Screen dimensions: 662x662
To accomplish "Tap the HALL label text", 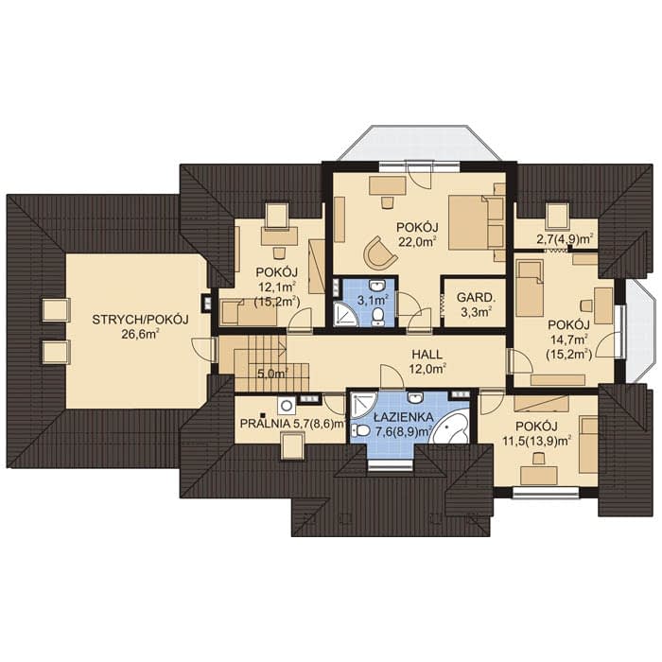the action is click(427, 354).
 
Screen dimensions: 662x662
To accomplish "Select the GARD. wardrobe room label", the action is click(476, 298).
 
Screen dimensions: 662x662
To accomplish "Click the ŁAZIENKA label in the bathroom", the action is click(403, 417).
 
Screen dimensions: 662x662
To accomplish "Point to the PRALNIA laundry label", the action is click(265, 423).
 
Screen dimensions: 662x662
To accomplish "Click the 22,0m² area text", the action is click(418, 242).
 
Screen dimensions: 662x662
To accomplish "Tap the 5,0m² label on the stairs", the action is click(272, 374).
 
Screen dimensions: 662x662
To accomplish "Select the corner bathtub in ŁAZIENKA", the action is click(450, 426).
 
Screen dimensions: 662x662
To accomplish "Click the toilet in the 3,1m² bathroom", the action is click(378, 317).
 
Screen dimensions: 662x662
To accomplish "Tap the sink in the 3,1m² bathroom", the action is click(376, 286).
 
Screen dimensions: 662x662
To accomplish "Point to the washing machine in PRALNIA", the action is click(287, 406).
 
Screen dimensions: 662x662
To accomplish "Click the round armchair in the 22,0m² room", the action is click(379, 253).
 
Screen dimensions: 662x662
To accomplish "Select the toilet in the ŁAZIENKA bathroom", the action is click(360, 430).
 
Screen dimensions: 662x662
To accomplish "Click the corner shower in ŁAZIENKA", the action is click(362, 405).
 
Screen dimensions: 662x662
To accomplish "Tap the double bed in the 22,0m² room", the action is click(477, 222).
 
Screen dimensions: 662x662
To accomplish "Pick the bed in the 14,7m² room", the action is click(530, 288).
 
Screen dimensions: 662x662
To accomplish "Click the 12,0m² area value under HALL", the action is click(427, 369).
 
